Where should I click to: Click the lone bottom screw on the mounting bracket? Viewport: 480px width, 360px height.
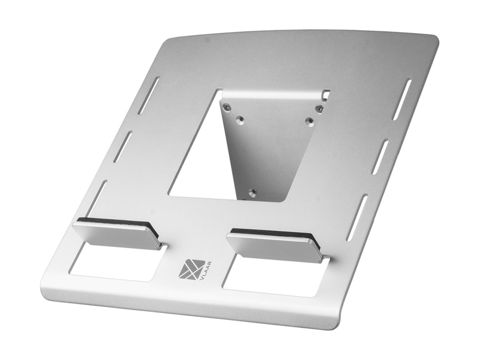[x=251, y=192]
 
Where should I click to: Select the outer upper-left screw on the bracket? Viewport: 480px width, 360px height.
[x=227, y=106]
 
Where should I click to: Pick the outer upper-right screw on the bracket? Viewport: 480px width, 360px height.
[x=318, y=108]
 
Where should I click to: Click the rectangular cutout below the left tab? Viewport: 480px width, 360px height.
[x=116, y=263]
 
